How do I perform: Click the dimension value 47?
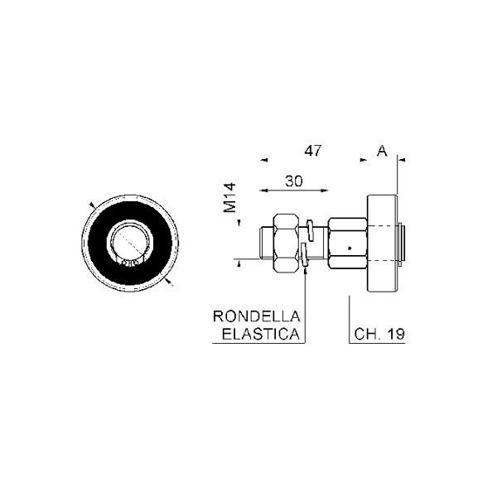click(x=313, y=151)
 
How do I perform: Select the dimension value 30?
click(x=294, y=181)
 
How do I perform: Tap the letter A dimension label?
click(x=382, y=151)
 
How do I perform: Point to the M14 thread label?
click(x=229, y=197)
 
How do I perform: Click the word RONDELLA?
click(x=256, y=316)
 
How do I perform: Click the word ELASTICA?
click(x=261, y=334)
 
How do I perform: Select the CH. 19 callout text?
click(x=379, y=334)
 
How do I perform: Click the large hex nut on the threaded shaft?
click(x=287, y=243)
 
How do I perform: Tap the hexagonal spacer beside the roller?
click(x=347, y=244)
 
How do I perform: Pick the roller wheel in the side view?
click(x=382, y=243)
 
